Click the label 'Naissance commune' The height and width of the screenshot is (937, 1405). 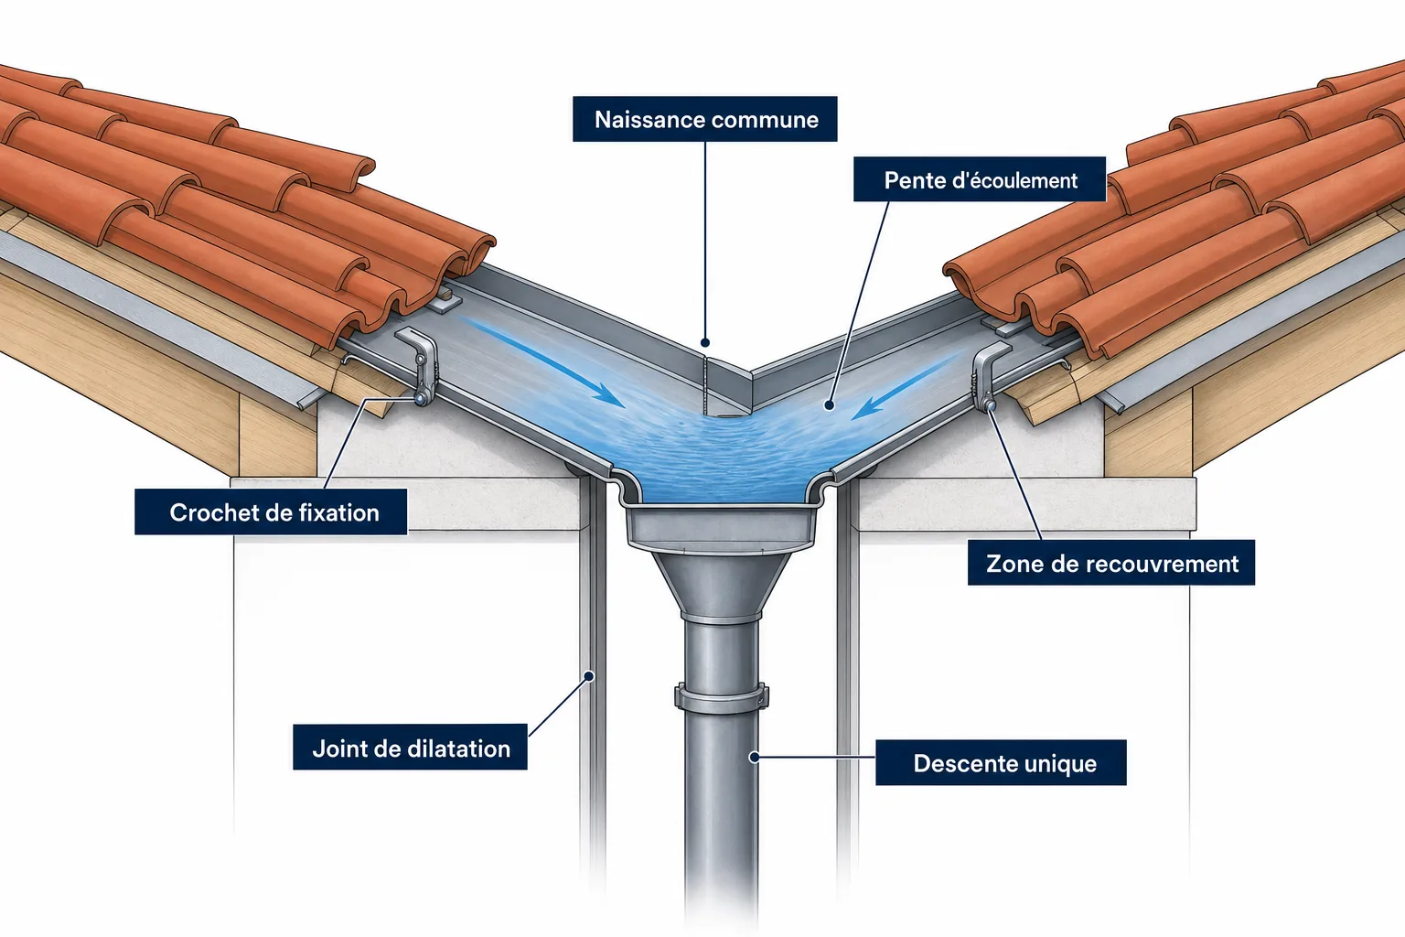click(x=705, y=119)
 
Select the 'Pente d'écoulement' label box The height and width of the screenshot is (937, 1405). click(x=980, y=179)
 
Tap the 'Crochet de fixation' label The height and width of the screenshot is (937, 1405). click(x=271, y=512)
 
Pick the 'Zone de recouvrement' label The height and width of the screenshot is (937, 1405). click(x=1111, y=563)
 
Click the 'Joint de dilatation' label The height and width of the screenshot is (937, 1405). click(x=410, y=748)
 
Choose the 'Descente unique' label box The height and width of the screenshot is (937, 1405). click(x=1001, y=762)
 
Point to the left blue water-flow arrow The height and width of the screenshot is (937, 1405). click(x=544, y=362)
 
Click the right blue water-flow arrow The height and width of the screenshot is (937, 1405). click(x=907, y=384)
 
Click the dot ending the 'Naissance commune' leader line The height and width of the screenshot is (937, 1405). click(x=705, y=342)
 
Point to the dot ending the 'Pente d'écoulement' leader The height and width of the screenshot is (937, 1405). click(x=830, y=405)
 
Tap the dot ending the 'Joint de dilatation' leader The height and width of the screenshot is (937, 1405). click(x=589, y=676)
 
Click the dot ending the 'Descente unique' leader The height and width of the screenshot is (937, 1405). click(x=755, y=758)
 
